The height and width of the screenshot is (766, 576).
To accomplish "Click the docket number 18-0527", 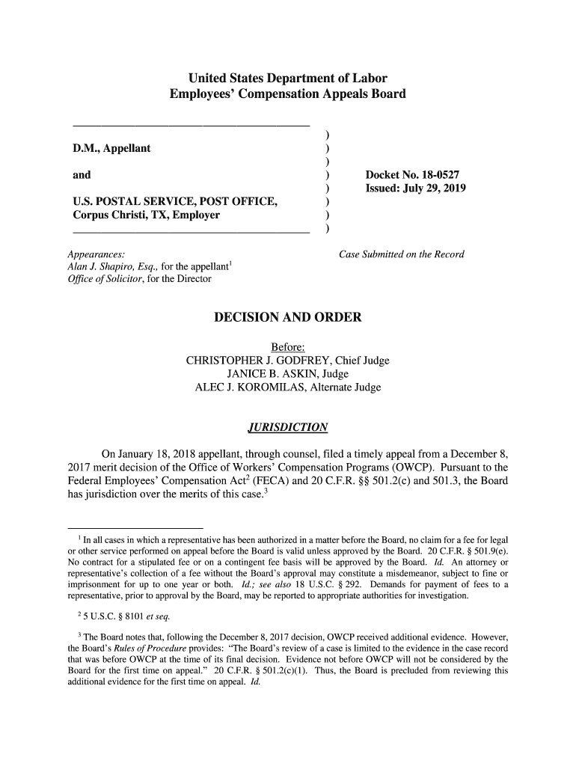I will [441, 174].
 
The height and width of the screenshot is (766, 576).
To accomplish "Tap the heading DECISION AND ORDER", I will [288, 318].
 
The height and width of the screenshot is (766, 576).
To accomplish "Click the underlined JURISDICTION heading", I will [287, 428].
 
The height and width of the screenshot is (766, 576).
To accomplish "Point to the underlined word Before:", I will [287, 348].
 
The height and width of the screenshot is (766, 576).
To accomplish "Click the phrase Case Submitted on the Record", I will [402, 254].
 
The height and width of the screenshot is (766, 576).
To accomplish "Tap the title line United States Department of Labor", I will [287, 78].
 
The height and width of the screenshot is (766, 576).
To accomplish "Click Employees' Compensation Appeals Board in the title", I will [287, 94].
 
